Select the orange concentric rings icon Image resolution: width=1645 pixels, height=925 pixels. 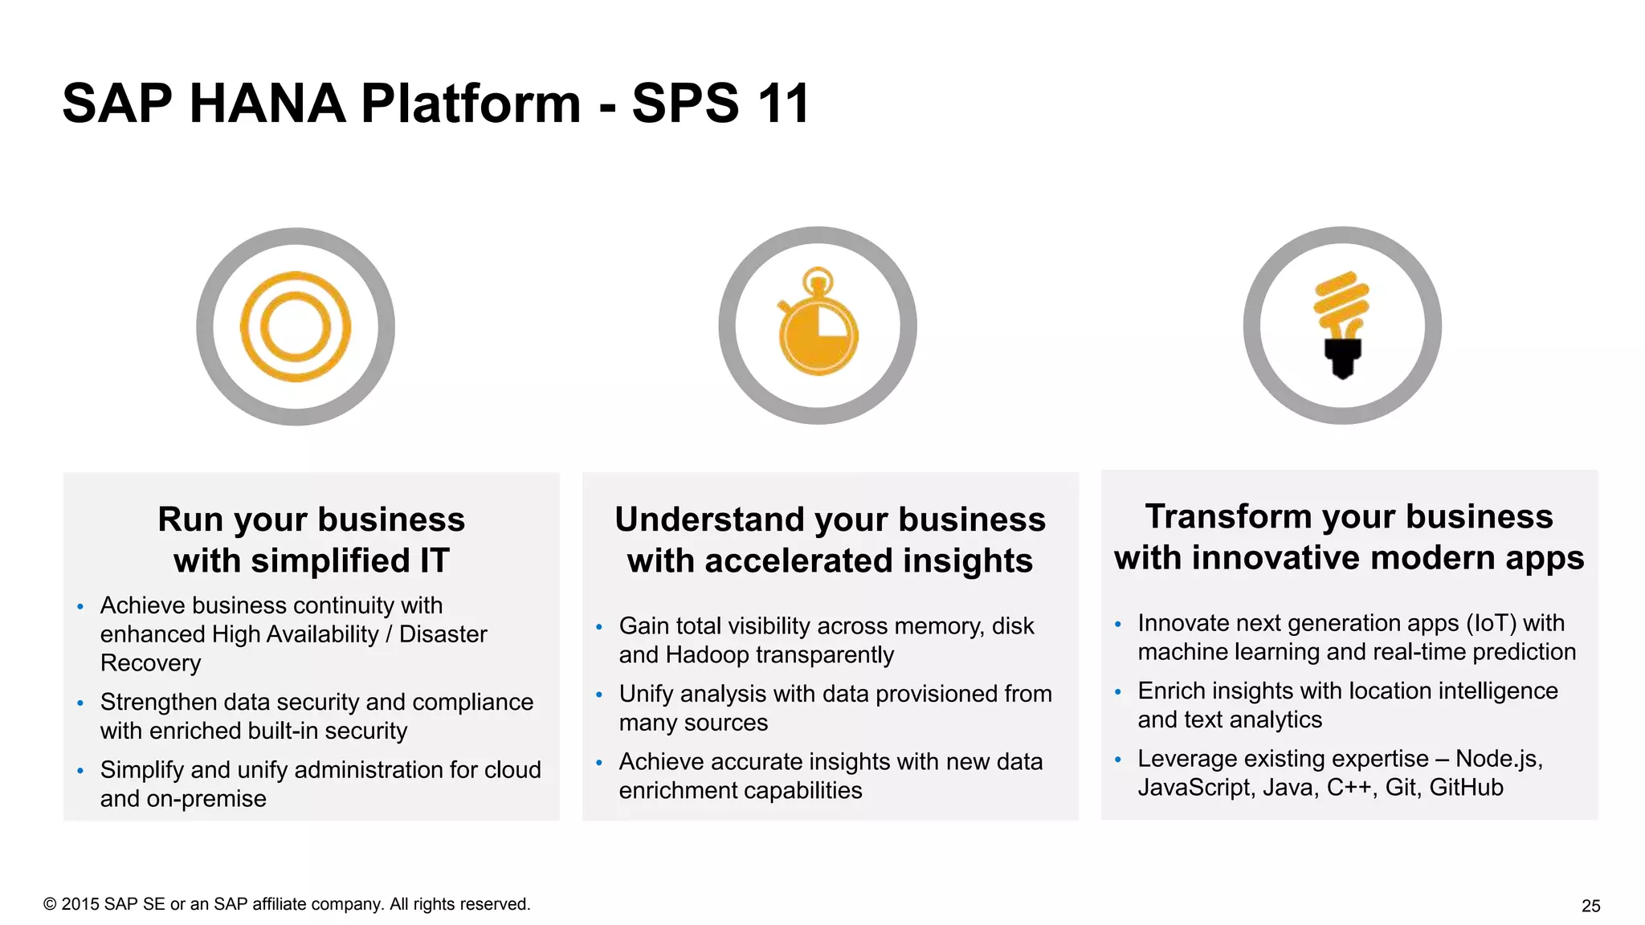pyautogui.click(x=296, y=327)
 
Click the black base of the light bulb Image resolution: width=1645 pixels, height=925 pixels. pyautogui.click(x=1342, y=357)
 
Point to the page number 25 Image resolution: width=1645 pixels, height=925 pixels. pyautogui.click(x=1590, y=906)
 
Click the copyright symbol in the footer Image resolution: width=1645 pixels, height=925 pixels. pyautogui.click(x=50, y=904)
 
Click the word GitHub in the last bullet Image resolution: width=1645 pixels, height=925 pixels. pyautogui.click(x=1466, y=787)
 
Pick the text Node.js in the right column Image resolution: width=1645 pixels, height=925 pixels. pyautogui.click(x=1497, y=758)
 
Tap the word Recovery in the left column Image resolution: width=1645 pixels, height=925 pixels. pyautogui.click(x=150, y=663)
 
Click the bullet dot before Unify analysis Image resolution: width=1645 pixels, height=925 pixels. pyautogui.click(x=599, y=695)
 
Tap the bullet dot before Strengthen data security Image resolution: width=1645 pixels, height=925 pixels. pyautogui.click(x=80, y=703)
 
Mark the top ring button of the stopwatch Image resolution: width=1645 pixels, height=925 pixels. pyautogui.click(x=818, y=279)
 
